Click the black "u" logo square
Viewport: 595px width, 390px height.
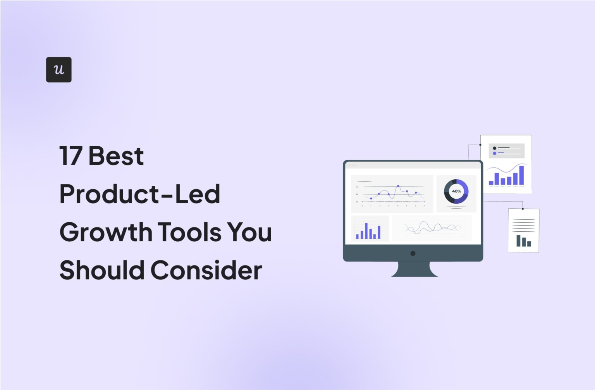58,69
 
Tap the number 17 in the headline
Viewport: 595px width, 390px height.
71,156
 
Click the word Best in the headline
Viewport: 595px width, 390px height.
116,156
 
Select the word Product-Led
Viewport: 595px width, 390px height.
139,194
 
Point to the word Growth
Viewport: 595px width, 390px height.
106,232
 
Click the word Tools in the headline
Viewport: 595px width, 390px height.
189,232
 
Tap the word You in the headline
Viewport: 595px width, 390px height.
249,232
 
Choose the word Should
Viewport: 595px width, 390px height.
102,270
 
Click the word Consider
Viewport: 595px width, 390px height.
206,270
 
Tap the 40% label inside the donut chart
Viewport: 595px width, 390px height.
456,191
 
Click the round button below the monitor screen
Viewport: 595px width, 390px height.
413,253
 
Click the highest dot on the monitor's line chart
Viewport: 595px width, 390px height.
398,186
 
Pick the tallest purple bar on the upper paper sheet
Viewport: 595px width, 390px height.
521,175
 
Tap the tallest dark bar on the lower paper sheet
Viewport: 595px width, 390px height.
518,241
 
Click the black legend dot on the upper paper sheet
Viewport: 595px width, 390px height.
494,148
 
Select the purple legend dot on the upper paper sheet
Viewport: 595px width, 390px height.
494,153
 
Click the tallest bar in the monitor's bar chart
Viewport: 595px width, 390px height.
366,231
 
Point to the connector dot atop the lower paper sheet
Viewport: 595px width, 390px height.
523,209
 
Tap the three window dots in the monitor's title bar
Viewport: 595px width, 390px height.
352,165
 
